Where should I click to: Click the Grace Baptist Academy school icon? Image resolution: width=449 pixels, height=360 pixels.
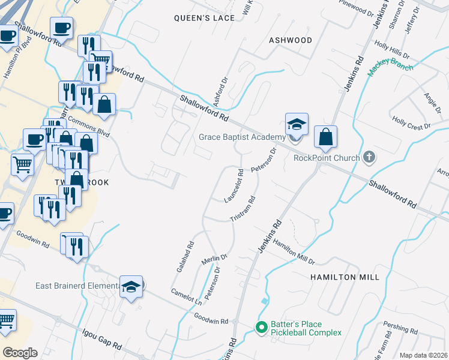pyautogui.click(x=297, y=125)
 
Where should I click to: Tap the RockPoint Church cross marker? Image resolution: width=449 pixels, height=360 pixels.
pyautogui.click(x=369, y=158)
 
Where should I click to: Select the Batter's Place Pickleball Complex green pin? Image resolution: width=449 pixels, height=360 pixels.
pyautogui.click(x=261, y=328)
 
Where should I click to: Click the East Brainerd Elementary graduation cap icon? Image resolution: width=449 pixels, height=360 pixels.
pyautogui.click(x=130, y=286)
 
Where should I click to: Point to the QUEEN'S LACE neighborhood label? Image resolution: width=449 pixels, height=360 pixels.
pyautogui.click(x=204, y=18)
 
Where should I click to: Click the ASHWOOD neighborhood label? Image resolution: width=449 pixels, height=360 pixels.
pyautogui.click(x=291, y=40)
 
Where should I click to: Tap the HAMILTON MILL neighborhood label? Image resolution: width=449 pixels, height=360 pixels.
pyautogui.click(x=345, y=277)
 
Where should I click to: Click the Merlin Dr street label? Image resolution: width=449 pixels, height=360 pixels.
pyautogui.click(x=215, y=258)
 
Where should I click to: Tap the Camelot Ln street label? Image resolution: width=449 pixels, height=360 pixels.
pyautogui.click(x=185, y=295)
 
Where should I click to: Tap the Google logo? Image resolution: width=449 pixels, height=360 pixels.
pyautogui.click(x=20, y=352)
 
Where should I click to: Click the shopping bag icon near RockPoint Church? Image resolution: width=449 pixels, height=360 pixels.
pyautogui.click(x=325, y=137)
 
